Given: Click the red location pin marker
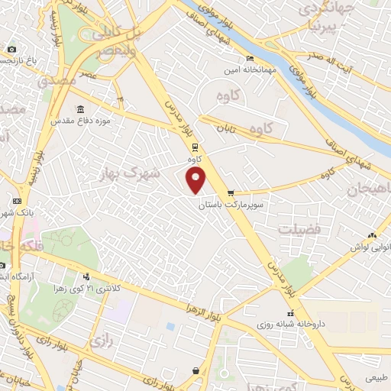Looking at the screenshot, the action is [197, 180].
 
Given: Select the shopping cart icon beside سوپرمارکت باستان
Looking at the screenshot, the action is [231, 193].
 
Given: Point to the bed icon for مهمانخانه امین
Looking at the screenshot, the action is [249, 58].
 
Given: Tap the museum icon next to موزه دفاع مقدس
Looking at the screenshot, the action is [81, 110].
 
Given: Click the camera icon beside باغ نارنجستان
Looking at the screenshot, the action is [11, 50].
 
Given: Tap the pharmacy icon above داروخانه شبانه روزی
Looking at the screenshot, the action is [290, 313].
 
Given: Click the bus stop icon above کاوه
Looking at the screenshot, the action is [195, 147].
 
